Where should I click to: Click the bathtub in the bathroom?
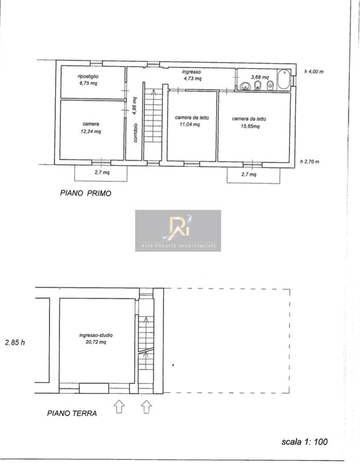(x=284, y=79)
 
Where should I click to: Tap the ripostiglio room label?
(x=88, y=76)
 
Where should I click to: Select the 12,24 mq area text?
(x=91, y=131)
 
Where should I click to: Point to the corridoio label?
(x=136, y=132)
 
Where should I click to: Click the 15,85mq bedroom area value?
(x=250, y=126)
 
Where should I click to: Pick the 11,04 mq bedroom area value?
(x=190, y=125)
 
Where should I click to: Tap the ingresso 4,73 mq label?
(x=192, y=75)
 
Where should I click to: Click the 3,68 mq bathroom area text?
(x=260, y=77)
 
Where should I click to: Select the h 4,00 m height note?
(x=314, y=72)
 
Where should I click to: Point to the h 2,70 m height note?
(x=309, y=161)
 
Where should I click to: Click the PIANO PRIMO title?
(x=86, y=193)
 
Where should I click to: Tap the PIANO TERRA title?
(x=72, y=413)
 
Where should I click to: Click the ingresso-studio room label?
(x=96, y=335)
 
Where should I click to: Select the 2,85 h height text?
(x=15, y=342)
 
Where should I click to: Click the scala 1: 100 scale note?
(x=304, y=442)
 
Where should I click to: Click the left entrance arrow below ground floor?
(x=119, y=406)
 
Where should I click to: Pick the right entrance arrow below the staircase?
(x=146, y=406)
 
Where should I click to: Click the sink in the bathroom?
(x=245, y=86)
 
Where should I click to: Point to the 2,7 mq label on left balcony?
(x=102, y=172)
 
